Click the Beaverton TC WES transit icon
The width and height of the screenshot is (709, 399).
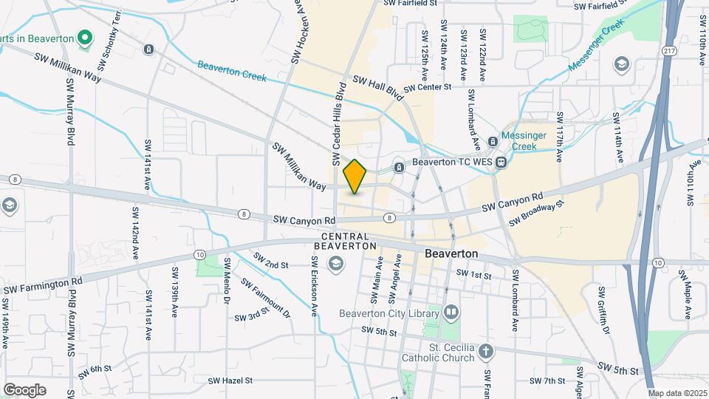point(501,162)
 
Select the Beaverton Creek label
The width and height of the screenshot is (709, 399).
point(242,71)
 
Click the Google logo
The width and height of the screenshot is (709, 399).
point(24,389)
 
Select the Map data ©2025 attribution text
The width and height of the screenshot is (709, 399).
point(678,393)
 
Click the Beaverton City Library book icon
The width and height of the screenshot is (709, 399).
point(451,313)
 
